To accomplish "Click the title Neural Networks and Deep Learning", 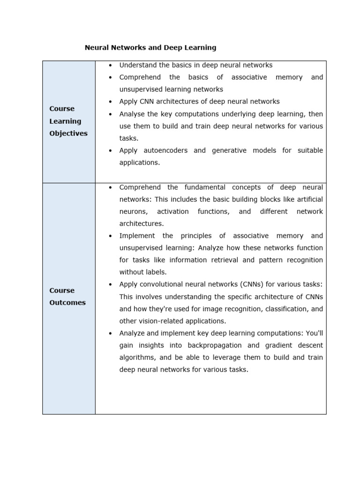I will point(150,47).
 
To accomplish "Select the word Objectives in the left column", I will point(68,133).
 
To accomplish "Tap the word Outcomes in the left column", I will point(67,302).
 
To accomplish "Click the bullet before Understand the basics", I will point(110,65).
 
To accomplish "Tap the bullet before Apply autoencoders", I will point(110,150).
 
